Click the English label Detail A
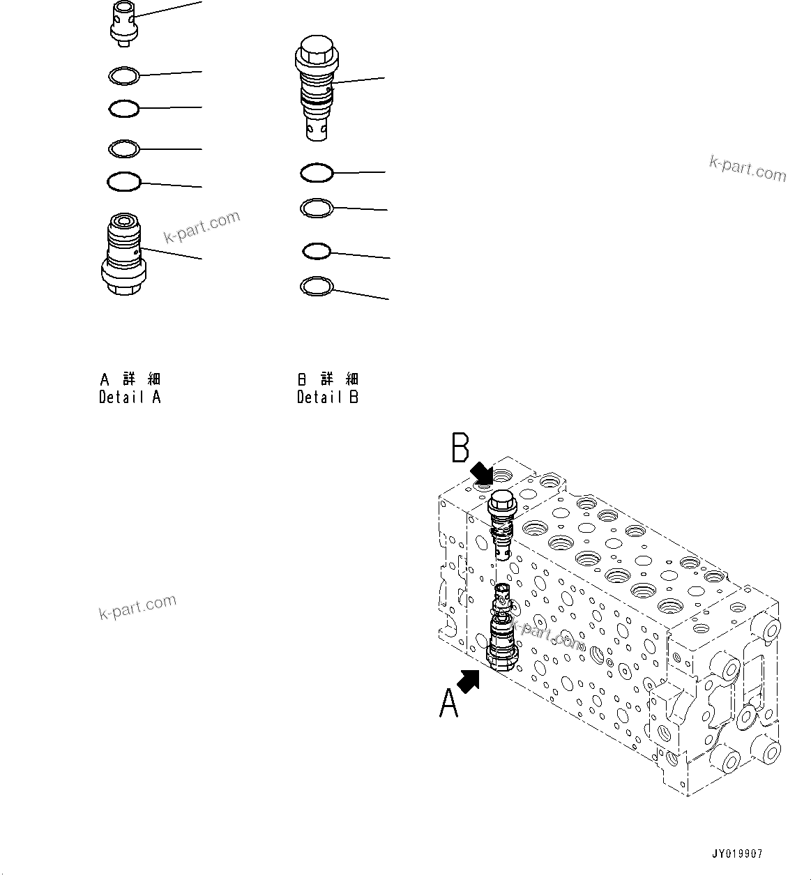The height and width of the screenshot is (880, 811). click(x=130, y=397)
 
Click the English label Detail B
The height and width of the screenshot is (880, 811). click(x=328, y=397)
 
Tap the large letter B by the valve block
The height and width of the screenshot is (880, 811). click(x=460, y=448)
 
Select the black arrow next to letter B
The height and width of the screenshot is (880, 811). click(x=482, y=473)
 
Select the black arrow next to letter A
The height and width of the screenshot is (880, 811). click(x=469, y=681)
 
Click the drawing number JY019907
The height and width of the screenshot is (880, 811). click(x=737, y=854)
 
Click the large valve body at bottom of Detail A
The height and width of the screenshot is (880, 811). click(x=124, y=256)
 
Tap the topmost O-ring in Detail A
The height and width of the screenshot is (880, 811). click(x=125, y=75)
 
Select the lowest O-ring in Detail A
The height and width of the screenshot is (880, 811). click(x=124, y=182)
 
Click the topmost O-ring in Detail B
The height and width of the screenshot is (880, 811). click(x=317, y=172)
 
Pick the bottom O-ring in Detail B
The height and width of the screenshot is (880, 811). click(x=317, y=286)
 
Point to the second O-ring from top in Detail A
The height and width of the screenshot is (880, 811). click(x=124, y=108)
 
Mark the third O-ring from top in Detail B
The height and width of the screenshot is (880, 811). click(x=316, y=251)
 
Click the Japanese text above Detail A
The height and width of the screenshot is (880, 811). click(x=130, y=379)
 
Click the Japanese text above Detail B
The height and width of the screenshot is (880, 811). click(x=328, y=379)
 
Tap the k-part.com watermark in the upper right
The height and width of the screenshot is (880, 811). click(x=748, y=168)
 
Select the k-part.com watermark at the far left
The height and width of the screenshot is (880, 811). click(x=137, y=607)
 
